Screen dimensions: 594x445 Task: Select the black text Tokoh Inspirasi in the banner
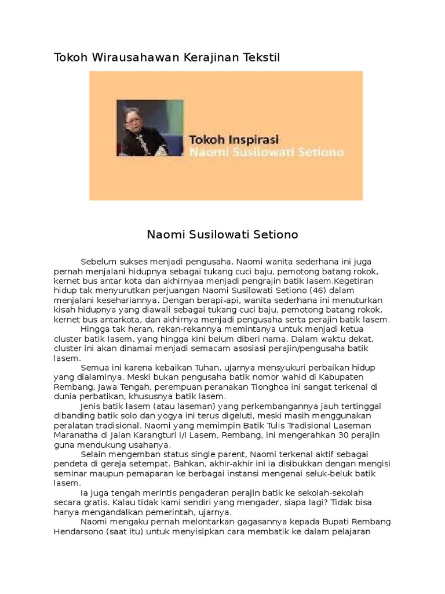234,140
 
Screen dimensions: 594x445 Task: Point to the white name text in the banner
267,153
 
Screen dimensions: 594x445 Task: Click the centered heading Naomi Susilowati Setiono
222,235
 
